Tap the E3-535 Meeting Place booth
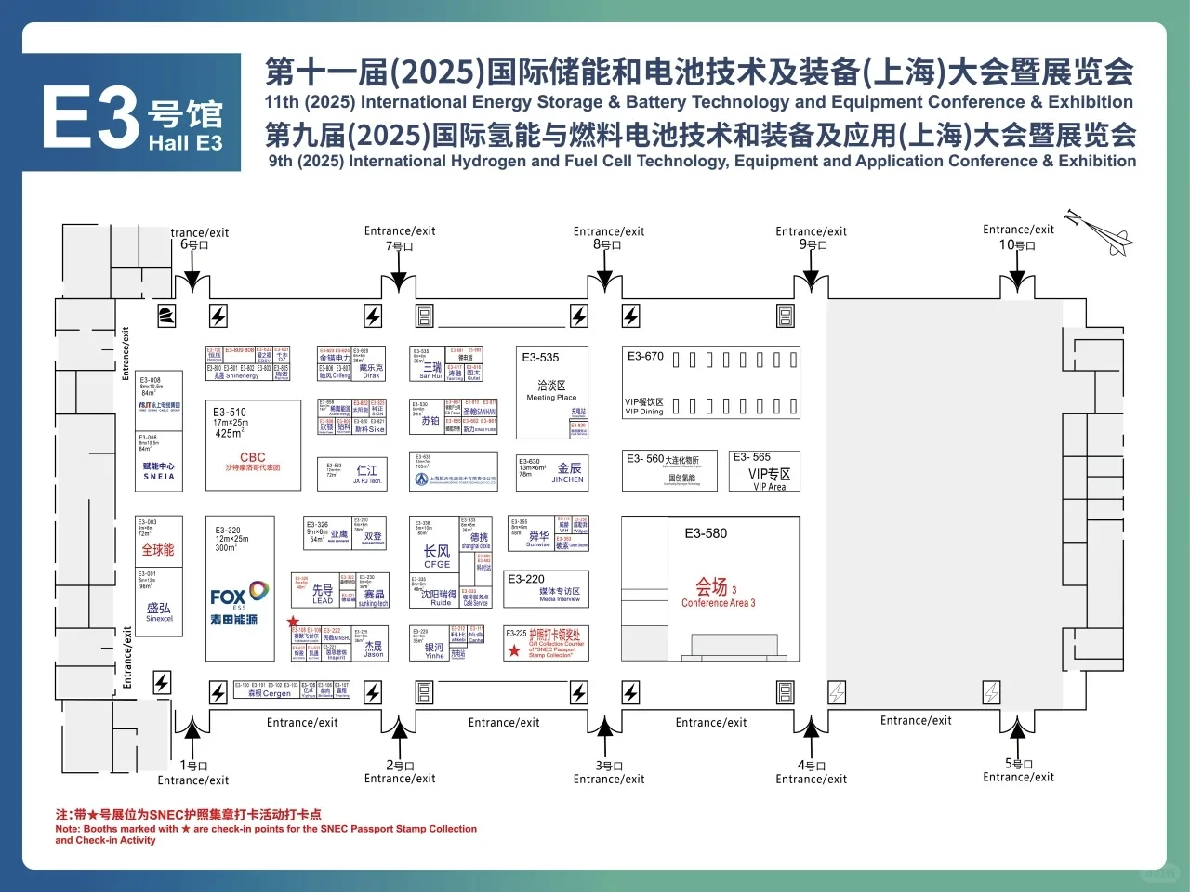click(x=551, y=390)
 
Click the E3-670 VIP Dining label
click(x=644, y=406)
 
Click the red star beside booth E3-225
click(x=514, y=651)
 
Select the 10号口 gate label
click(x=1017, y=245)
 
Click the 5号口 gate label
click(x=1019, y=764)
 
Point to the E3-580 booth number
click(x=706, y=533)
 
